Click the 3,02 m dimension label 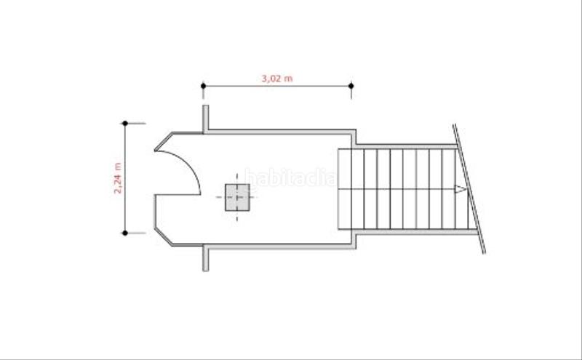click(x=277, y=79)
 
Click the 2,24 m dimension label click(x=118, y=178)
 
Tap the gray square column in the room click(x=237, y=197)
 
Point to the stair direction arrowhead click(x=461, y=189)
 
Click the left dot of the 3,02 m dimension click(x=203, y=86)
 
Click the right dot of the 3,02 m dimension click(x=351, y=86)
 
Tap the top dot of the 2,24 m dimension click(x=125, y=123)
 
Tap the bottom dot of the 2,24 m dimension click(x=125, y=233)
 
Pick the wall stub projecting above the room click(x=205, y=119)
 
